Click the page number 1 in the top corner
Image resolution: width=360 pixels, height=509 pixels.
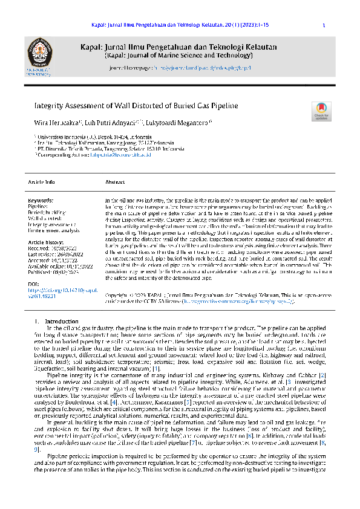(324, 25)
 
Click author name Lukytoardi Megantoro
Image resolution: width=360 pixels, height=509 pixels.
(178, 123)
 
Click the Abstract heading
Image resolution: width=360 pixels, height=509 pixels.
(115, 181)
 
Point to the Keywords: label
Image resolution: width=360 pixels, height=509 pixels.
(41, 200)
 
